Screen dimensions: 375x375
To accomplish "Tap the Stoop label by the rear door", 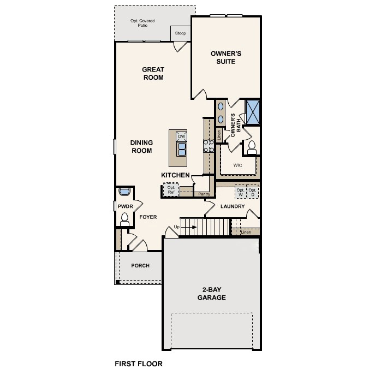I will click(x=180, y=33).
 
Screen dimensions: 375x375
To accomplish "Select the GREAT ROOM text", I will click(x=153, y=73).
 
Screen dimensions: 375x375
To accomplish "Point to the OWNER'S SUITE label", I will click(x=225, y=57).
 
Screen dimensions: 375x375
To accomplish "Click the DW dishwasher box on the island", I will click(x=181, y=136).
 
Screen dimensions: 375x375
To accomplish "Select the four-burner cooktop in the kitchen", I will click(x=208, y=146).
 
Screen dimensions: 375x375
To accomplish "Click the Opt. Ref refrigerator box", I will click(x=171, y=190).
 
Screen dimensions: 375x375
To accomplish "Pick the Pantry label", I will click(x=204, y=194).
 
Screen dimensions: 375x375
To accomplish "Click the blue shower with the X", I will click(x=253, y=112).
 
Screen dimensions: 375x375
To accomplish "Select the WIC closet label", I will click(x=237, y=164).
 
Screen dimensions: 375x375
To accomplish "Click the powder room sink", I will click(x=124, y=193).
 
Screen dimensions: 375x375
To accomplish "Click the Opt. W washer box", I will click(x=240, y=192).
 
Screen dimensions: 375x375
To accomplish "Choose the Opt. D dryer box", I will click(x=252, y=192).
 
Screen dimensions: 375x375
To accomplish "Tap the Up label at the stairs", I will click(x=176, y=227).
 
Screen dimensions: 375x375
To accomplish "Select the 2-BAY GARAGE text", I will click(x=212, y=294).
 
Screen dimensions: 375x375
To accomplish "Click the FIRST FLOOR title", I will click(x=138, y=362).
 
